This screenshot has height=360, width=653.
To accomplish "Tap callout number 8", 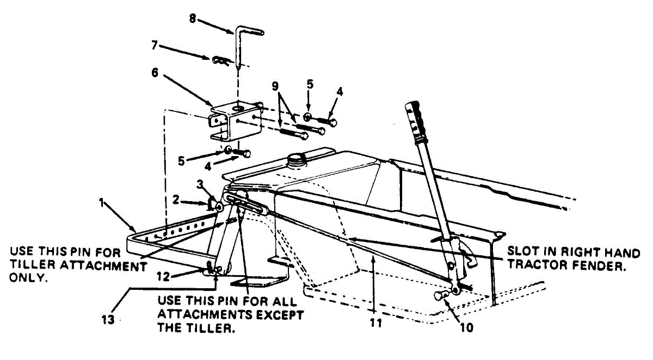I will pyautogui.click(x=192, y=18).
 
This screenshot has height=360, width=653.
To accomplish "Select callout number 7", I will pyautogui.click(x=155, y=46).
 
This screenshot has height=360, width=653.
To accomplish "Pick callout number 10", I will pyautogui.click(x=466, y=327).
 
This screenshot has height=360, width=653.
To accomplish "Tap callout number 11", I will pyautogui.click(x=376, y=322).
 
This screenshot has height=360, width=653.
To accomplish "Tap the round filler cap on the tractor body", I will pyautogui.click(x=297, y=159).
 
